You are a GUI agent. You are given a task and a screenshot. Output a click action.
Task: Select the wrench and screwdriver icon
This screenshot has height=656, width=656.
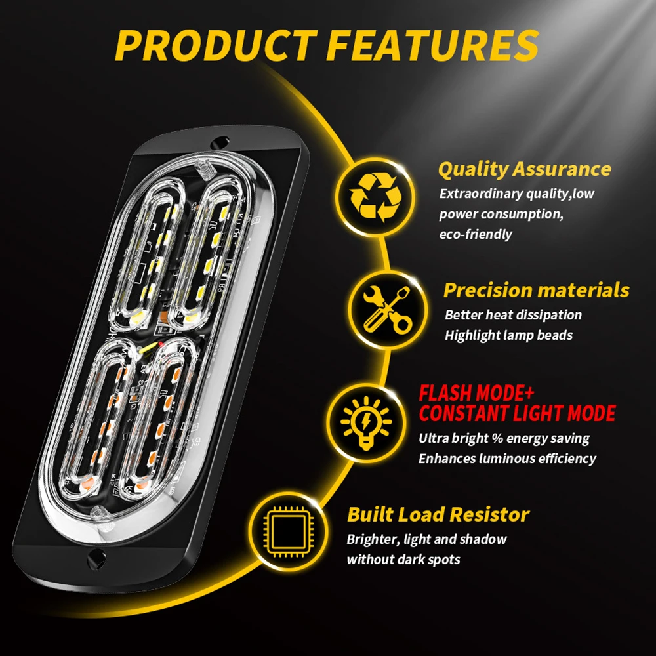tap(390, 308)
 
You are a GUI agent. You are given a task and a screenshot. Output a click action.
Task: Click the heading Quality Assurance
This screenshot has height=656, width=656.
tap(524, 169)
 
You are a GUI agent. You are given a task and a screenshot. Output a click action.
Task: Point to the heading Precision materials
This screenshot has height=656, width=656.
tap(536, 290)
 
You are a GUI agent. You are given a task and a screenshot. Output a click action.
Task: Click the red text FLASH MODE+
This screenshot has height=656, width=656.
tap(476, 394)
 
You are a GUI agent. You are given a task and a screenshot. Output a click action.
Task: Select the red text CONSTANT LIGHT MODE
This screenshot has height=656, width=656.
tap(517, 414)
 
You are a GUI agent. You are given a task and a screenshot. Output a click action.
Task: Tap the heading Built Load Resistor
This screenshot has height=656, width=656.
tap(438, 514)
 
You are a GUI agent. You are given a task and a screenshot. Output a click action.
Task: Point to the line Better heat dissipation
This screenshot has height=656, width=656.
tap(513, 315)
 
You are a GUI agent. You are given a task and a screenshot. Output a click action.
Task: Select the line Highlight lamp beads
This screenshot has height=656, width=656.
tap(508, 335)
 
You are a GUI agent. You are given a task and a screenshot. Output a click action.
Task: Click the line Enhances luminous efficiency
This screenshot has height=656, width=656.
tap(507, 459)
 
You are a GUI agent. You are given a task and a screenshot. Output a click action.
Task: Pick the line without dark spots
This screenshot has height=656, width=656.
tap(403, 560)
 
